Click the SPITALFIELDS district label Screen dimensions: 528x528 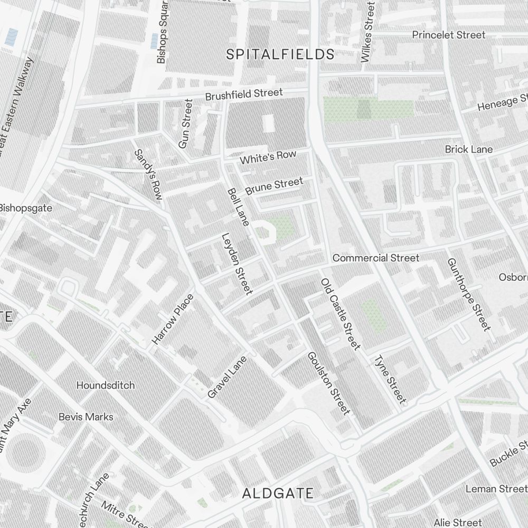pos(280,54)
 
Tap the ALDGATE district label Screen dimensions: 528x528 pos(278,494)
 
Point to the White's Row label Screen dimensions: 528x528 pos(268,157)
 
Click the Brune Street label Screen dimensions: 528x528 pos(274,186)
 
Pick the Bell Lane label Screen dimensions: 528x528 pos(238,207)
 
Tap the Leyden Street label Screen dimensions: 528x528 pos(237,263)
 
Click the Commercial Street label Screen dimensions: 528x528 pos(376,258)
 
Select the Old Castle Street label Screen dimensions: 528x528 pos(341,314)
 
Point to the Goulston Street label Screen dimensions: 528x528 pos(328,383)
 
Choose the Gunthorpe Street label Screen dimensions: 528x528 pos(468,294)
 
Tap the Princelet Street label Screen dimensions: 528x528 pos(449,35)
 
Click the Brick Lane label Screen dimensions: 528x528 pos(469,149)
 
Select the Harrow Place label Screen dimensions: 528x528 pos(173,319)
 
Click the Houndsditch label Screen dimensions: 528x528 pos(106,385)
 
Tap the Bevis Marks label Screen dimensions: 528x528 pos(86,417)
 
